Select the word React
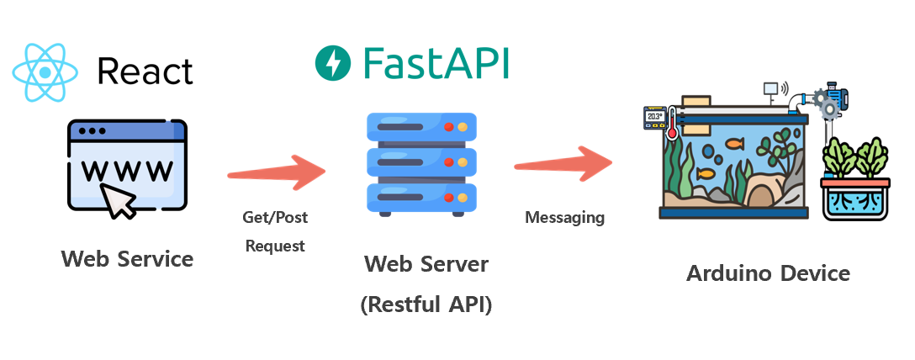[145, 71]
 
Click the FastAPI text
[436, 63]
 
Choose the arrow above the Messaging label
[563, 162]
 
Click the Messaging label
[564, 218]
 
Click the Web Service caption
[127, 258]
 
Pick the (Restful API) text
[426, 304]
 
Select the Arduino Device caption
[768, 273]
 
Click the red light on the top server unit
[448, 127]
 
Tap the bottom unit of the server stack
[421, 197]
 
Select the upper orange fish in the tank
[734, 143]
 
